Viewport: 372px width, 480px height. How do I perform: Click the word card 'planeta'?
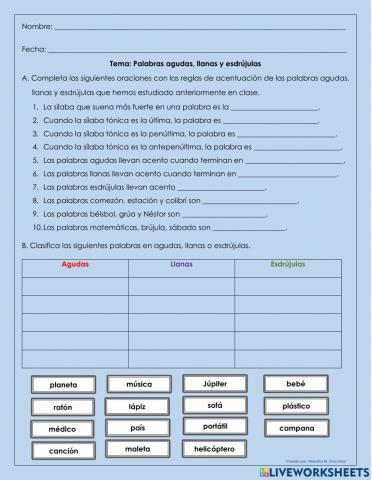pos(63,385)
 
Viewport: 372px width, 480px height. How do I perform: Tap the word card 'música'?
pos(139,384)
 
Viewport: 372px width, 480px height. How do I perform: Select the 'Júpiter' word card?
pos(215,383)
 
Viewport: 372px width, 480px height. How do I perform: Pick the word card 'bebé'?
pos(296,384)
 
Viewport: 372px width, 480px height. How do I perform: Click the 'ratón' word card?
pos(63,407)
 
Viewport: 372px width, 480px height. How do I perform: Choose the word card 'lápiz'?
pos(139,407)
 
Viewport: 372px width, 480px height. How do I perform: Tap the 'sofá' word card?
pos(215,405)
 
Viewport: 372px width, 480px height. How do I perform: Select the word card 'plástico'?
pos(296,406)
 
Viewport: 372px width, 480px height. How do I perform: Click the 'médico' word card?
pos(63,429)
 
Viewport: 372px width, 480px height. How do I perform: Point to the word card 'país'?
pos(139,428)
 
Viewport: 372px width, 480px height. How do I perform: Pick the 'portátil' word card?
pos(215,427)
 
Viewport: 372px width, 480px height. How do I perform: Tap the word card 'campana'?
pos(296,428)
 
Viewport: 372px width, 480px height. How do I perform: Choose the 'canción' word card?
pos(63,451)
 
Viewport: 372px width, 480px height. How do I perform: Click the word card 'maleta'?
pos(139,450)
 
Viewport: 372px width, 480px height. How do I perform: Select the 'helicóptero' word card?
pos(215,449)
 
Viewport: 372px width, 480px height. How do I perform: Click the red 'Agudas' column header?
pos(75,265)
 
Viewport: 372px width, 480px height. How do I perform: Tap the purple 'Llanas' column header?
pos(182,265)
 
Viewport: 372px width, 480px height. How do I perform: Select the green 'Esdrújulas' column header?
pos(288,265)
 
